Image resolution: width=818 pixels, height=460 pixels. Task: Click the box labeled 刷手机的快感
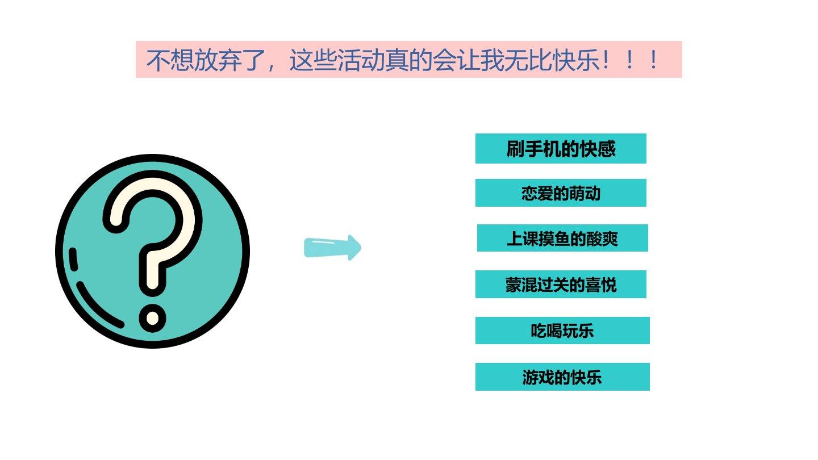(x=561, y=149)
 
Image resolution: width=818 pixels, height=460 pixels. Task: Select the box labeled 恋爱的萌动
(x=561, y=193)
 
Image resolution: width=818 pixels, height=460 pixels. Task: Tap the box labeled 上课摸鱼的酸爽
(x=562, y=238)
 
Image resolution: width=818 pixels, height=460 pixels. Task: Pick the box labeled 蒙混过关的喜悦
(x=561, y=285)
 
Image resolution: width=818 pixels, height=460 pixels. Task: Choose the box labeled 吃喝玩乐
(x=562, y=331)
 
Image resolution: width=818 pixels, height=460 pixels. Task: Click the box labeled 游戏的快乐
(x=562, y=377)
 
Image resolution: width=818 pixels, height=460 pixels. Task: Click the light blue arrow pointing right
(x=332, y=248)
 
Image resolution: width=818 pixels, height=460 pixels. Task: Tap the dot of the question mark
(x=153, y=318)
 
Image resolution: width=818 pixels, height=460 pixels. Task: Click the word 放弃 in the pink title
(x=218, y=60)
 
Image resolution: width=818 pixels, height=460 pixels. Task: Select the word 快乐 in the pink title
(x=577, y=60)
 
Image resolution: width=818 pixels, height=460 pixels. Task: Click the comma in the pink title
(x=271, y=68)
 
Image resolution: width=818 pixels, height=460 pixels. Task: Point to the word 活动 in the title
(x=361, y=60)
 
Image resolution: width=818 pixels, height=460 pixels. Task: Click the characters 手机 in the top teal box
(x=542, y=149)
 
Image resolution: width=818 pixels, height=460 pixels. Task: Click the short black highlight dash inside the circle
(x=73, y=260)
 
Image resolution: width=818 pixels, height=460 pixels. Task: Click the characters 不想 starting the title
(x=170, y=60)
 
